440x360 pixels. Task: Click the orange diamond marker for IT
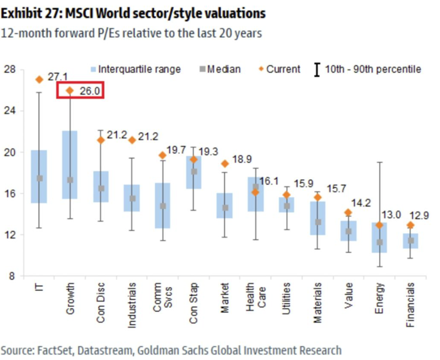tap(39, 80)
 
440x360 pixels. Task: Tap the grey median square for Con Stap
tap(193, 172)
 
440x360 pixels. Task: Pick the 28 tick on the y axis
tap(10, 70)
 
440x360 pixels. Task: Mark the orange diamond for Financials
tap(411, 225)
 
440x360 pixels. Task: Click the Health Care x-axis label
tap(256, 297)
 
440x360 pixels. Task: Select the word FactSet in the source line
tap(55, 350)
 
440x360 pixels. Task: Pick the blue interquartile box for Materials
tap(318, 218)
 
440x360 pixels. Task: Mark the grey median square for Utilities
tap(287, 206)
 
